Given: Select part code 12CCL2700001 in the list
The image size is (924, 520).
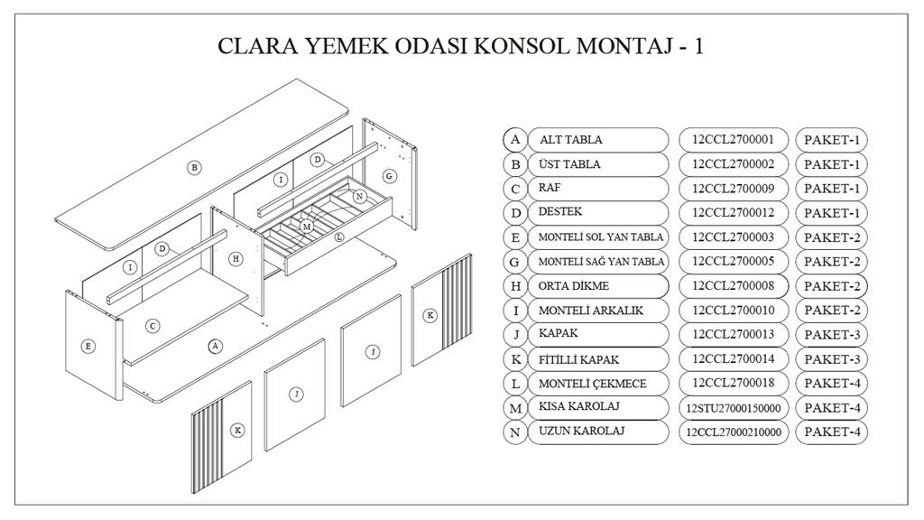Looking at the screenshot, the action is (733, 140).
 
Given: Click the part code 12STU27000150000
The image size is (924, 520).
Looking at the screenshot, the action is (733, 408).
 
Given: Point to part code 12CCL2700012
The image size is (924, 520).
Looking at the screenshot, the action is (733, 212).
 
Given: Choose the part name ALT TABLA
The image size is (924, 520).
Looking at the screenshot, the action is (571, 140).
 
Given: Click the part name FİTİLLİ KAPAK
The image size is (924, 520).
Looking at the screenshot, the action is (578, 359).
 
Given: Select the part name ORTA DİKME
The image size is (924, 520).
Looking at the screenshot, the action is (573, 286).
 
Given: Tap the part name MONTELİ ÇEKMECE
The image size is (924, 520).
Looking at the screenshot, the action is (592, 384).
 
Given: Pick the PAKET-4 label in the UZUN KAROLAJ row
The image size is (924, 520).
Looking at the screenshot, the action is (832, 432).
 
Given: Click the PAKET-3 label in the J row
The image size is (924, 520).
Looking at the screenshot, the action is (832, 335).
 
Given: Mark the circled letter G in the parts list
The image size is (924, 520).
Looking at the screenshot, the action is (515, 262).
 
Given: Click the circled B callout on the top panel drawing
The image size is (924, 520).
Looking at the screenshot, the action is (194, 167).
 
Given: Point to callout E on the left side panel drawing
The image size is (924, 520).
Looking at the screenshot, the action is (88, 346).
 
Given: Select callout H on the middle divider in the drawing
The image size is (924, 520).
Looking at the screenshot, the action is (236, 258).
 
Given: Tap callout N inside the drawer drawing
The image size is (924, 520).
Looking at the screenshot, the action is (359, 196).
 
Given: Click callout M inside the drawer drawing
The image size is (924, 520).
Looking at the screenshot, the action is (306, 227).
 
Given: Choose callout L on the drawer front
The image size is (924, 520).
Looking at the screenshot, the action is (339, 237).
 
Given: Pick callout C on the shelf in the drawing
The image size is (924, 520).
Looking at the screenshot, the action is (152, 326).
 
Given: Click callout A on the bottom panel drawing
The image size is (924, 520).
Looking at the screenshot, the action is (215, 346).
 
